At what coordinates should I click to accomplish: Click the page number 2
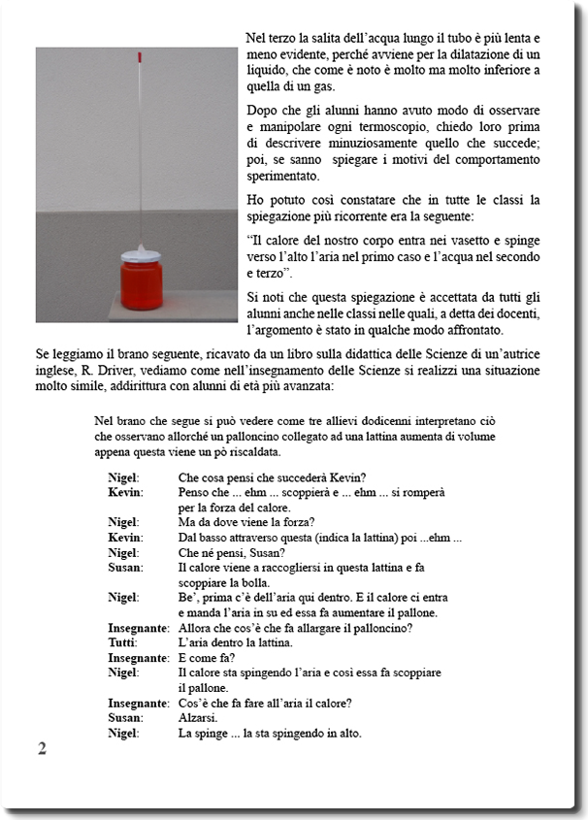[42, 748]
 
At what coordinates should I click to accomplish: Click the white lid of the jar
[142, 250]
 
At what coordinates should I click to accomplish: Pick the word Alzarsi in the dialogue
[197, 717]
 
